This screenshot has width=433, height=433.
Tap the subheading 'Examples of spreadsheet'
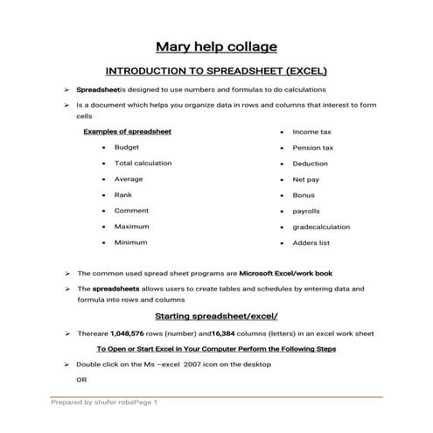pos(127,131)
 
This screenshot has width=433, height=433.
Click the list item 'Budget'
pos(127,147)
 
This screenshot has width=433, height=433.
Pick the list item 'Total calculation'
pos(143,163)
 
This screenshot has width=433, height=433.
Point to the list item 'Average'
pos(129,178)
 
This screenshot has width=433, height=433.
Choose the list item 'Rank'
pos(123,194)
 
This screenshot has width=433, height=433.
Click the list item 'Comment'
pos(131,210)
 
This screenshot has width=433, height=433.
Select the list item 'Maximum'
pos(131,226)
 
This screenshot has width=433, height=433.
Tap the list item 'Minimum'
pos(130,241)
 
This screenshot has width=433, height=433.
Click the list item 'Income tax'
pos(312,131)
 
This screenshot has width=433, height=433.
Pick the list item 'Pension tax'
pos(312,147)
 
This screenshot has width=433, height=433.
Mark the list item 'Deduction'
pos(311,163)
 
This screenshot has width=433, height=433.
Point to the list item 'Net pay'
pos(305,178)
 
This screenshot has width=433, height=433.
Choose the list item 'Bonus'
pos(304,194)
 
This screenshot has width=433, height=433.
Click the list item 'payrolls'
pos(306,210)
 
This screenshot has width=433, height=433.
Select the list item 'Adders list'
pos(311,241)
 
